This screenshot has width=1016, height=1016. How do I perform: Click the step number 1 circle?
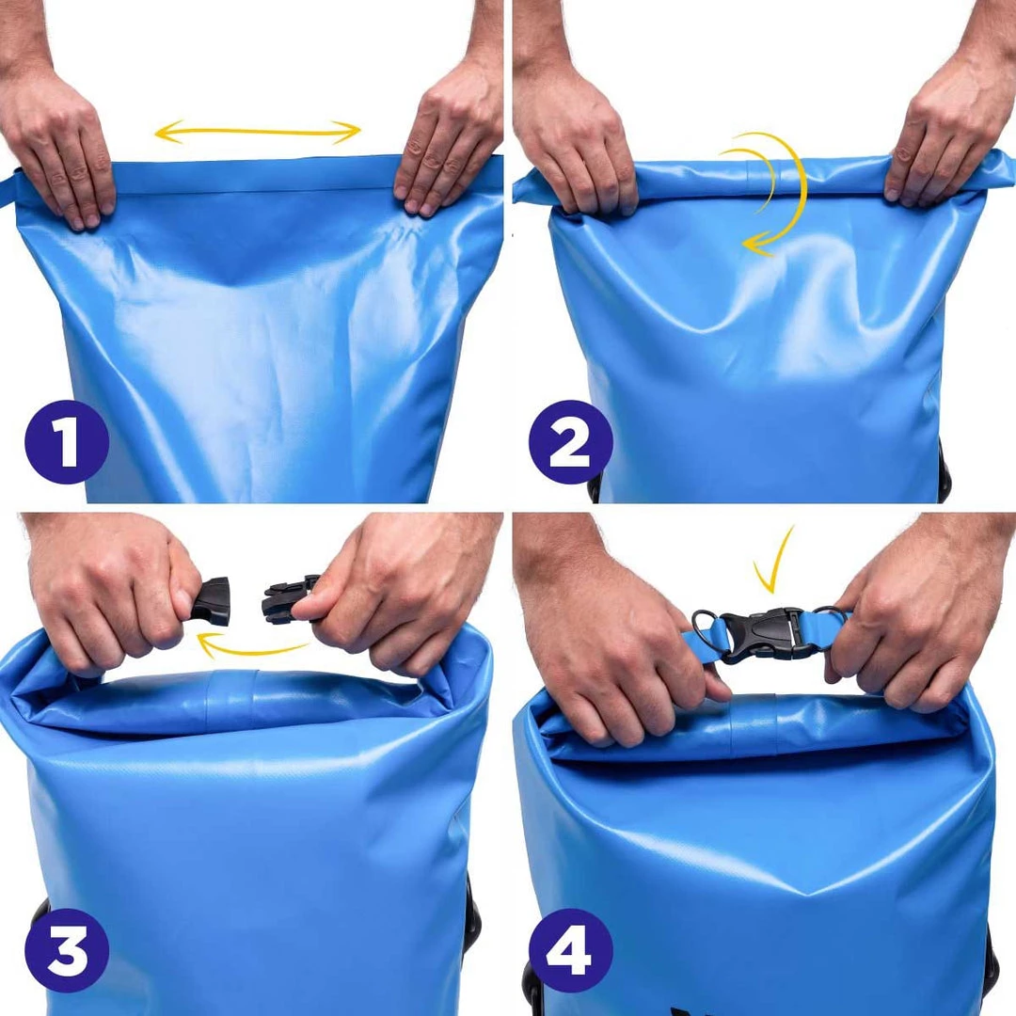tap(67, 441)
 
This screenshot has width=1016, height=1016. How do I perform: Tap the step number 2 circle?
tap(570, 441)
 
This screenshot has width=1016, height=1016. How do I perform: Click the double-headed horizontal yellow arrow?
tap(258, 132)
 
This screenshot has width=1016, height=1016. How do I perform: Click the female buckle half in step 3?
tap(212, 602)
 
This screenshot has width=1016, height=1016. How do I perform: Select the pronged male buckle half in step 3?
tap(289, 598)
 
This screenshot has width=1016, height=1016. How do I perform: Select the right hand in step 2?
tap(945, 141)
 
